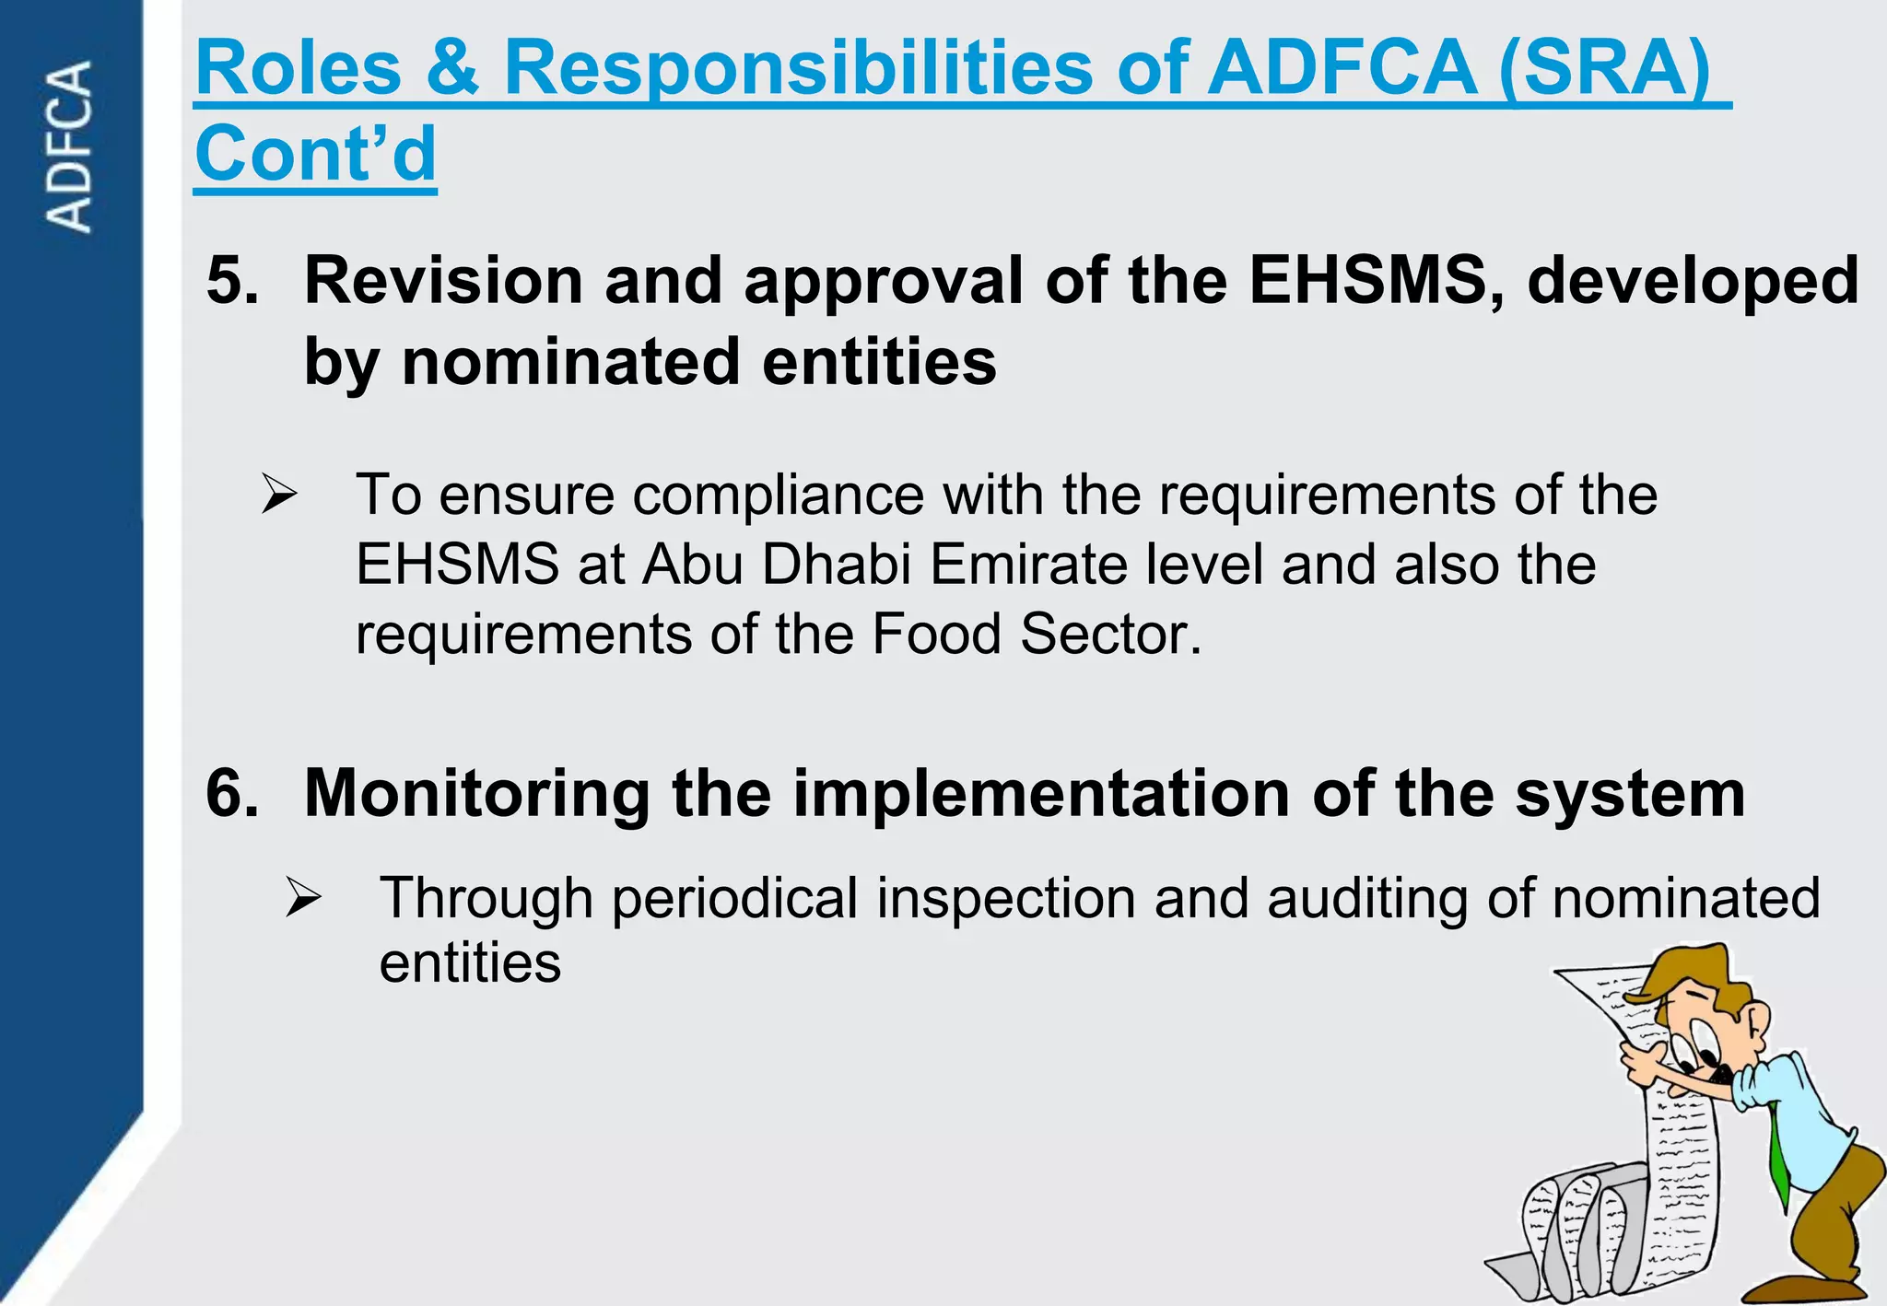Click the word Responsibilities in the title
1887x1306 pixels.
[799, 69]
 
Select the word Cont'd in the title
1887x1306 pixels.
[315, 154]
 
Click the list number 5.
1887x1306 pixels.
[232, 280]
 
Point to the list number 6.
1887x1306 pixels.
[232, 793]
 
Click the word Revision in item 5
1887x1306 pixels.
[443, 280]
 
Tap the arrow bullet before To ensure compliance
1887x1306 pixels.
[278, 495]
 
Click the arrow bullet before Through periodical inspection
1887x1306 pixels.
[302, 897]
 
